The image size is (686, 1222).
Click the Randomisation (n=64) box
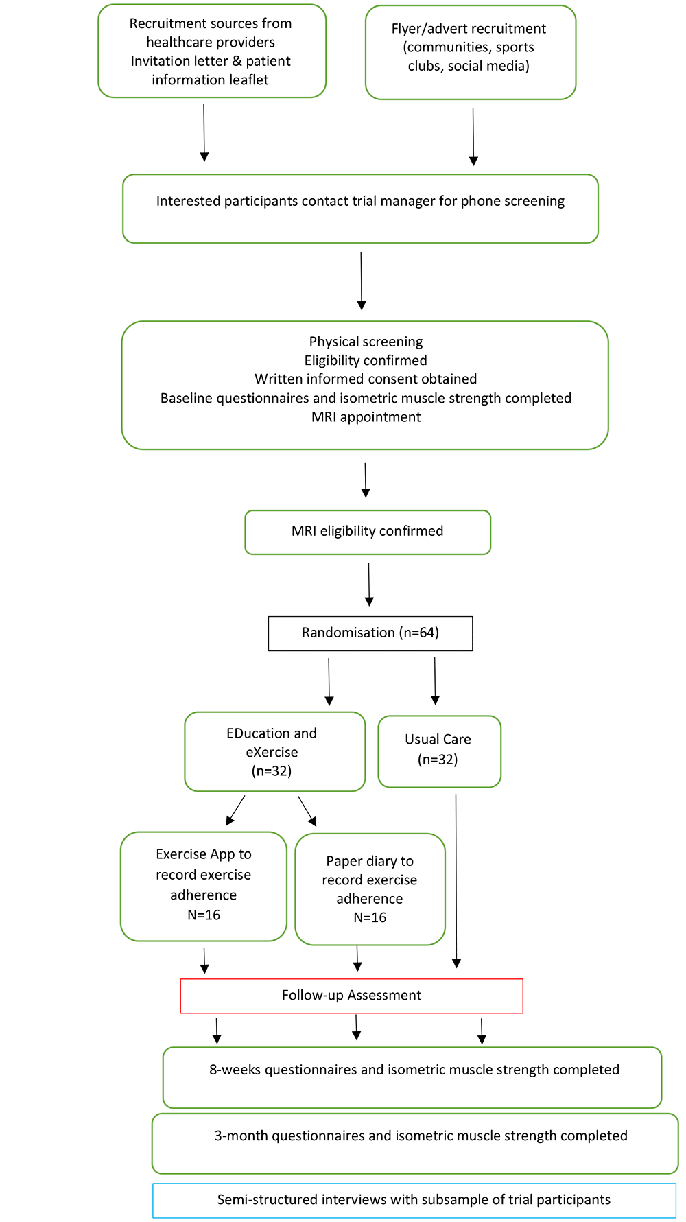click(x=370, y=633)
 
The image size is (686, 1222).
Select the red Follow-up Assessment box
click(x=351, y=996)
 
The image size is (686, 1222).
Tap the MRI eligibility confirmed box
click(x=368, y=532)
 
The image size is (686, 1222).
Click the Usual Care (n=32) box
click(x=439, y=751)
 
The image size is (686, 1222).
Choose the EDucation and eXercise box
click(x=274, y=751)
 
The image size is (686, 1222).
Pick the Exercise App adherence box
click(x=204, y=886)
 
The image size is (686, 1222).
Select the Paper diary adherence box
click(x=370, y=889)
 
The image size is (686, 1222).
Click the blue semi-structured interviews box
click(x=414, y=1200)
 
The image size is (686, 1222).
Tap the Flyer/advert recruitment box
click(x=471, y=53)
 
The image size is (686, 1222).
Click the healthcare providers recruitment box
click(x=212, y=51)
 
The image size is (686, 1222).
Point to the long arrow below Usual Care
click(x=456, y=881)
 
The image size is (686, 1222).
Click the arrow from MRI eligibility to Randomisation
click(x=369, y=585)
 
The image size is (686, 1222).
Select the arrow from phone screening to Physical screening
click(x=361, y=281)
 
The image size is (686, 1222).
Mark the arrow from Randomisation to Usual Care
click(x=435, y=681)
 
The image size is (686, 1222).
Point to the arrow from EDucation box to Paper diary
click(x=307, y=811)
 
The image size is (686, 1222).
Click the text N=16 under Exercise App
click(x=204, y=915)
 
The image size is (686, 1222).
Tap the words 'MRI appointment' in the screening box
click(x=366, y=417)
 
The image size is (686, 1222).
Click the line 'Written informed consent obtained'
click(x=366, y=379)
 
